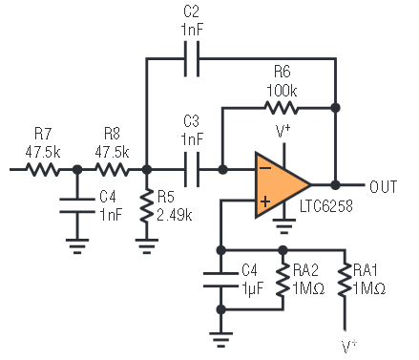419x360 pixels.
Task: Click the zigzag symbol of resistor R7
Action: pos(42,170)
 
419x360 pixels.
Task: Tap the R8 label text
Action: pos(112,134)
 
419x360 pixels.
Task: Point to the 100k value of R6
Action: pos(282,91)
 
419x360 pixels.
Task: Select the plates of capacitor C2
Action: pos(192,59)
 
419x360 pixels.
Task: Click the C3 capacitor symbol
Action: pos(192,169)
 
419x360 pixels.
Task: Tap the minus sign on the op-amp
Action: pos(265,168)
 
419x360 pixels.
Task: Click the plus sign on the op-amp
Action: pos(265,201)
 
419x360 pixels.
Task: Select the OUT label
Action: pos(384,186)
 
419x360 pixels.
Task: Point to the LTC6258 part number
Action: pos(326,206)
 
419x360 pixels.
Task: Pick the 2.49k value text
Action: pos(175,216)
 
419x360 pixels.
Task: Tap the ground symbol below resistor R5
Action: pos(147,246)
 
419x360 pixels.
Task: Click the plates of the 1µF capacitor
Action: pos(220,280)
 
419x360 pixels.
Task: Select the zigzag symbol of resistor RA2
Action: pos(283,280)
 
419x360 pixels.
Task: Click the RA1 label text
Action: pos(365,270)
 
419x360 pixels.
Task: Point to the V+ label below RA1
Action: pos(349,347)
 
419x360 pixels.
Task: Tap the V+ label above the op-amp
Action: pos(283,131)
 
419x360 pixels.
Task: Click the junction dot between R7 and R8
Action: pos(77,170)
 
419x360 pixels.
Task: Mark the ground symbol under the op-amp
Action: pos(284,226)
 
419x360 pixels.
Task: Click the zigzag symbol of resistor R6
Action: pos(282,108)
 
